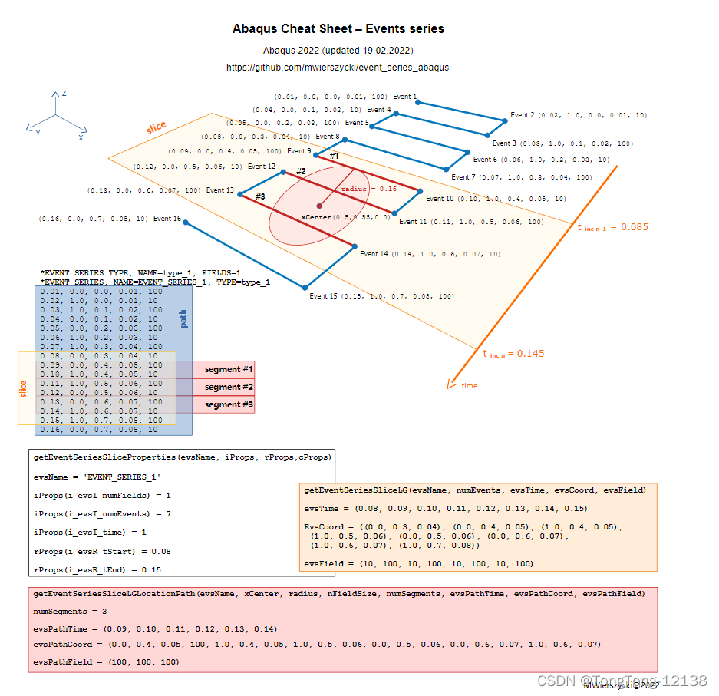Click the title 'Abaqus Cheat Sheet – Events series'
(x=338, y=29)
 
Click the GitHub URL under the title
(x=338, y=68)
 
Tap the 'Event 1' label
(x=404, y=97)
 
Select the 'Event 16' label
(x=167, y=219)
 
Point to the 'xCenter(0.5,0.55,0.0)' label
(x=345, y=217)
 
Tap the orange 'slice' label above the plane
(x=156, y=127)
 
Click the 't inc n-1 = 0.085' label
(x=612, y=226)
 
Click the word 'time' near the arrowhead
(x=469, y=385)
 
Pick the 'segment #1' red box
(x=228, y=369)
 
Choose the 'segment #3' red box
(x=228, y=404)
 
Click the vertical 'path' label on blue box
(x=183, y=318)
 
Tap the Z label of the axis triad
(x=64, y=93)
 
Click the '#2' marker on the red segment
(x=301, y=171)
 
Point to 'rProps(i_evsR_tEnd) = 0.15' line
(x=97, y=569)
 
